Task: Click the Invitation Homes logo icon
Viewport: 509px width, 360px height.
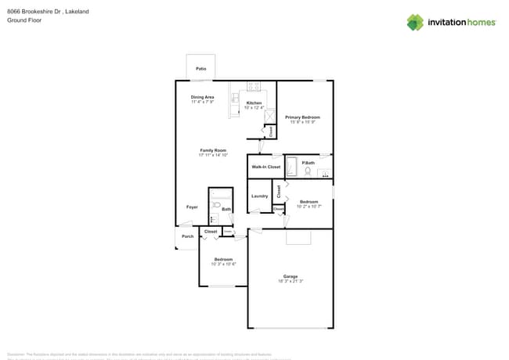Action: (x=415, y=22)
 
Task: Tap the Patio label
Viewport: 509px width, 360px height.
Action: (x=201, y=70)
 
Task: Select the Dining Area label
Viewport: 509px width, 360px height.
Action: (x=203, y=97)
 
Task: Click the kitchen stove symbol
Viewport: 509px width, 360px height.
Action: (x=254, y=86)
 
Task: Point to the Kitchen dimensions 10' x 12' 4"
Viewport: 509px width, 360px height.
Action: (x=254, y=107)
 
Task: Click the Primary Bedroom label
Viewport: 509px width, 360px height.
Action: (x=303, y=117)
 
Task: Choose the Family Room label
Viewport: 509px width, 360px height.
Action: (x=213, y=150)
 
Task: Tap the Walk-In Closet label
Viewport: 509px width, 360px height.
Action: (x=265, y=167)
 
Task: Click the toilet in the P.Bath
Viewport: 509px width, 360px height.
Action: (x=308, y=171)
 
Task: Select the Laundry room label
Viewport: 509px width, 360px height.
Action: (x=259, y=196)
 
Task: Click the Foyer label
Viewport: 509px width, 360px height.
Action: (x=192, y=207)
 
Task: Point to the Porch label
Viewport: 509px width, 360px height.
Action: (x=187, y=236)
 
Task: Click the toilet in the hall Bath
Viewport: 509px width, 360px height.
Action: (x=217, y=205)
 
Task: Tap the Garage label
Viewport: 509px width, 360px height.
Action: (x=291, y=276)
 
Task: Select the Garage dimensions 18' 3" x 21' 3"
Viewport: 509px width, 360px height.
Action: (x=291, y=281)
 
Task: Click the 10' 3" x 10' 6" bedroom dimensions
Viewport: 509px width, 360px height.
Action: (x=224, y=264)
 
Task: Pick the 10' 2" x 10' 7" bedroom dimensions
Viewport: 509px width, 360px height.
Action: (x=309, y=206)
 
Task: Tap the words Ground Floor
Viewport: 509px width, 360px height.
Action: (x=23, y=20)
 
